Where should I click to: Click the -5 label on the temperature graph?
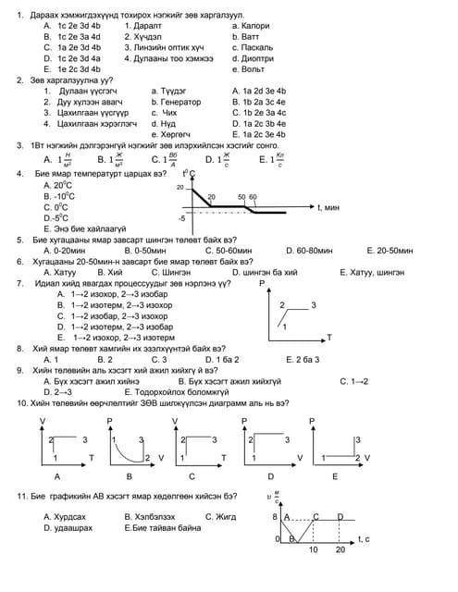click(x=182, y=218)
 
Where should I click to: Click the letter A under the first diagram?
click(x=58, y=475)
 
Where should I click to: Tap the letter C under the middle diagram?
click(x=192, y=475)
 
